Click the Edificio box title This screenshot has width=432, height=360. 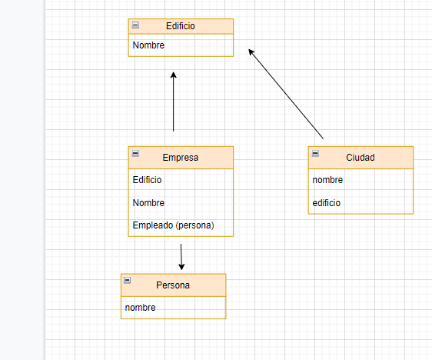pyautogui.click(x=181, y=26)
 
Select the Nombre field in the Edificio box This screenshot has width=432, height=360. pyautogui.click(x=148, y=45)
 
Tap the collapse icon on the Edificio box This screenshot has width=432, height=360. pyautogui.click(x=136, y=25)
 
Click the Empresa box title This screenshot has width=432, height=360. pyautogui.click(x=181, y=158)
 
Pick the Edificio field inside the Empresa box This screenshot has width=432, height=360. pyautogui.click(x=148, y=180)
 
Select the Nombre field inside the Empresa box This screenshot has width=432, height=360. pyautogui.click(x=148, y=203)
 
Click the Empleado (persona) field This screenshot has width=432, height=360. pyautogui.click(x=173, y=225)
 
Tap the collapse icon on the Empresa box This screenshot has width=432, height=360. pyautogui.click(x=136, y=154)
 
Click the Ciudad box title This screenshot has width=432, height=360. pyautogui.click(x=361, y=158)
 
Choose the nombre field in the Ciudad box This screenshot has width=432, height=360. pyautogui.click(x=327, y=180)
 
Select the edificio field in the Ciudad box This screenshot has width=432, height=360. pyautogui.click(x=327, y=203)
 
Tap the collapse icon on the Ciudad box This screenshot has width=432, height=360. pyautogui.click(x=316, y=154)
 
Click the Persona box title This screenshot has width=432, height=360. pyautogui.click(x=173, y=285)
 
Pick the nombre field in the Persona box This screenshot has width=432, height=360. pyautogui.click(x=140, y=308)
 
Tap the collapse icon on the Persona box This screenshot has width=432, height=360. pyautogui.click(x=128, y=281)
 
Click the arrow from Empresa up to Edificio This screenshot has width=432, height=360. pyautogui.click(x=174, y=104)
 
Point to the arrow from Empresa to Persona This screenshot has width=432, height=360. pyautogui.click(x=181, y=254)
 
